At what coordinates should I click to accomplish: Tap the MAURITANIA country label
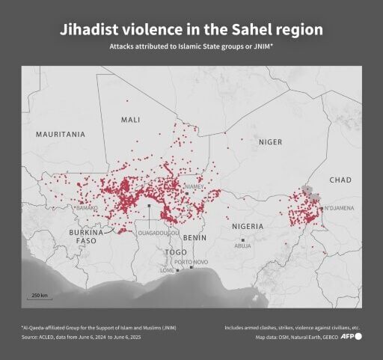click(61, 134)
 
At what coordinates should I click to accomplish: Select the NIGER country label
click(271, 141)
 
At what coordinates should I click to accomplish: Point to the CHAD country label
click(340, 180)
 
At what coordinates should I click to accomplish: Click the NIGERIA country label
click(248, 226)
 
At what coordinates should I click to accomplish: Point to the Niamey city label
click(194, 187)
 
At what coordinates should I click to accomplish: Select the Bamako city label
click(87, 207)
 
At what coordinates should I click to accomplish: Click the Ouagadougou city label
click(159, 233)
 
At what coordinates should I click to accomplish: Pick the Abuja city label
click(243, 245)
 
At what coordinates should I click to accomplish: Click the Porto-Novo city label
click(191, 262)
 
